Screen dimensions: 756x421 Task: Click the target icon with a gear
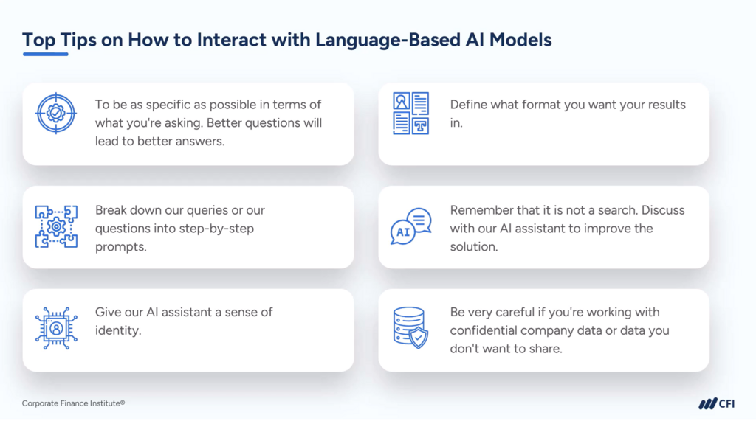56,114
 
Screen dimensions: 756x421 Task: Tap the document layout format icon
410,114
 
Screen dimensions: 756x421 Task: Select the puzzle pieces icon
56,226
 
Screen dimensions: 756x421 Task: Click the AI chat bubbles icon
410,226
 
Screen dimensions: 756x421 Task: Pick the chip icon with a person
56,329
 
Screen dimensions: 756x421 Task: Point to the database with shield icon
410,328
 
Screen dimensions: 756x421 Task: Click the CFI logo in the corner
716,403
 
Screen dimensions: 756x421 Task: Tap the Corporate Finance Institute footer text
73,403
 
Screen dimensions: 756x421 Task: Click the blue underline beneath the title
45,54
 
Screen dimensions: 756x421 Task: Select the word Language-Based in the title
388,40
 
